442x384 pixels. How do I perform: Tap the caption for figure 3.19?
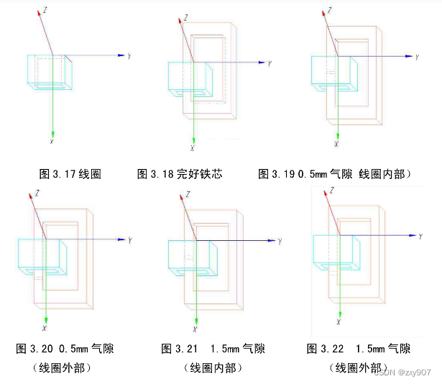point(333,173)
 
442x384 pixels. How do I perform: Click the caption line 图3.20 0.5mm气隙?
point(65,349)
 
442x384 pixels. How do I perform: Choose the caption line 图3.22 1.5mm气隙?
point(359,349)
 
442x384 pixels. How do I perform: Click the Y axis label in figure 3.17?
point(129,55)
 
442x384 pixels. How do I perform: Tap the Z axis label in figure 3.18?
point(185,17)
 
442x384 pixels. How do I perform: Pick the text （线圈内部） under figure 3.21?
point(213,367)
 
